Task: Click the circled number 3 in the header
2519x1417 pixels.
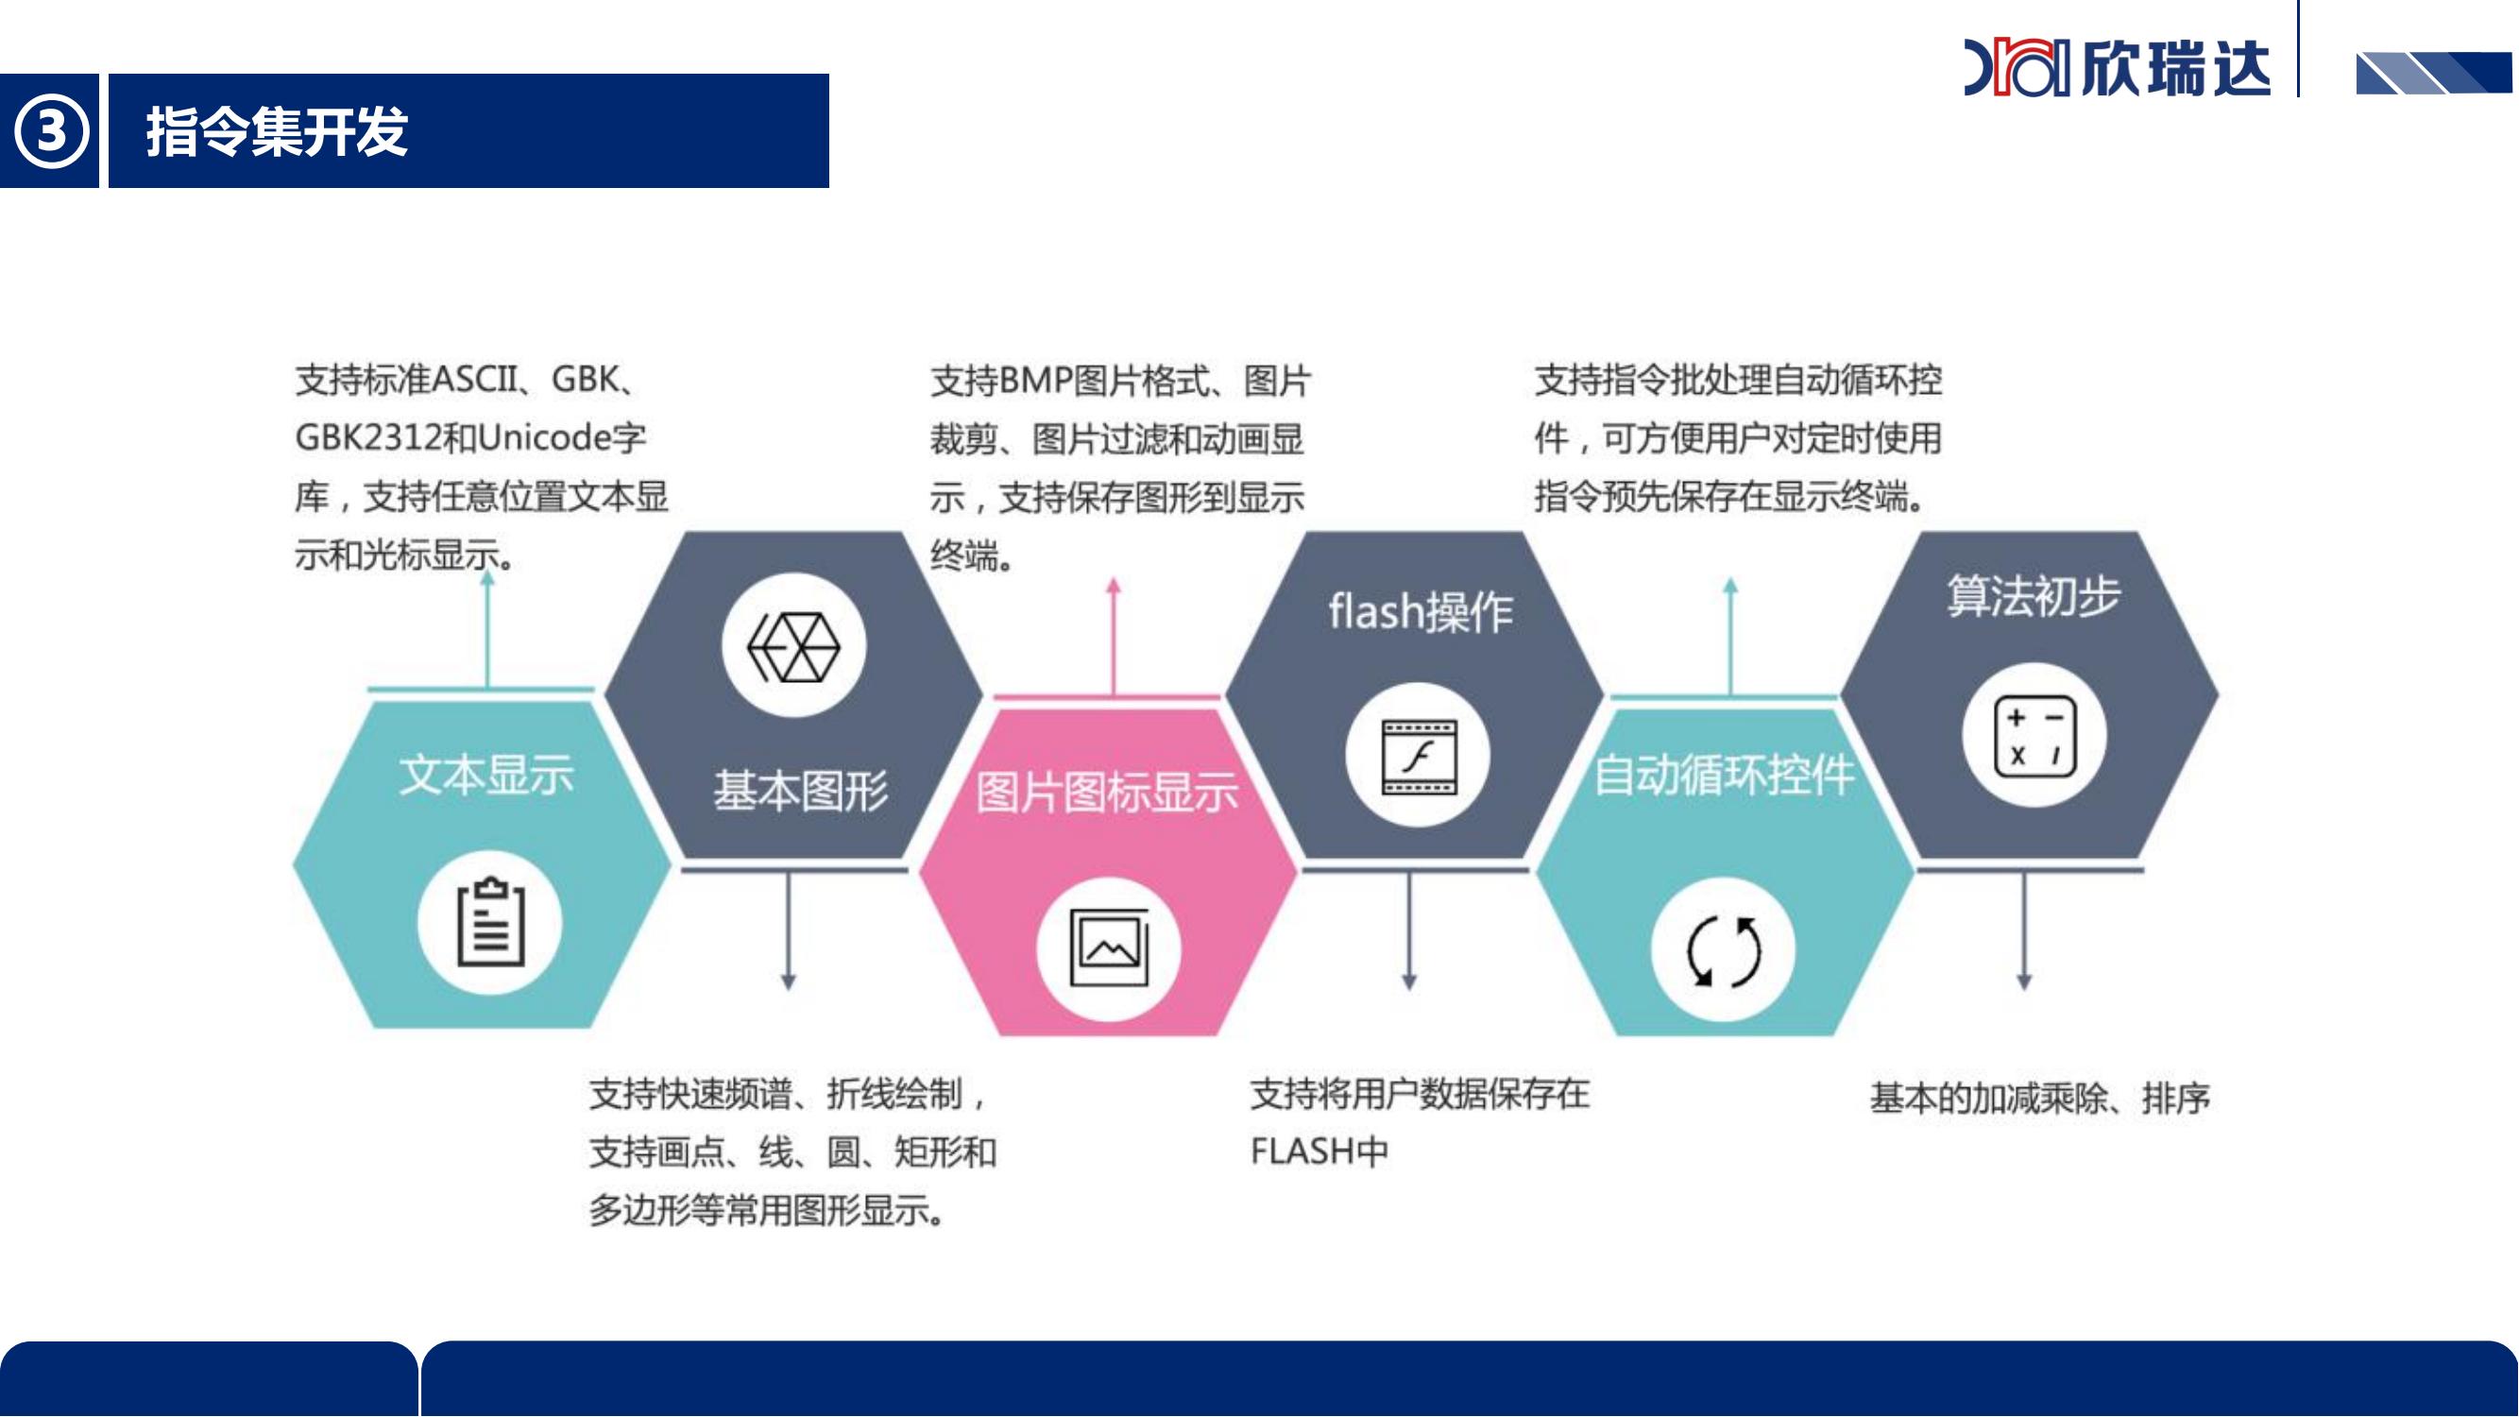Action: (50, 131)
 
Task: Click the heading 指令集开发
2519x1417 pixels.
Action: (277, 132)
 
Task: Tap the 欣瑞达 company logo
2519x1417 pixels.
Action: (2116, 67)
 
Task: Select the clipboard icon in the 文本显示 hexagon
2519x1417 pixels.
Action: (491, 921)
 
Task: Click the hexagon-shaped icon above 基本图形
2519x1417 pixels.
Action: (794, 646)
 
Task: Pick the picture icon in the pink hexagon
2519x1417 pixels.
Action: (1109, 948)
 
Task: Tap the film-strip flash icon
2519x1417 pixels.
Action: (1419, 757)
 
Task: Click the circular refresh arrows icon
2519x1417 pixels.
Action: (1724, 950)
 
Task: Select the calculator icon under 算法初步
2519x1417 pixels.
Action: (2034, 735)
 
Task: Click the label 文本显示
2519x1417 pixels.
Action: (487, 776)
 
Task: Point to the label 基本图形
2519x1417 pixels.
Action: (801, 791)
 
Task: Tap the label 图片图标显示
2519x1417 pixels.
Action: (1107, 793)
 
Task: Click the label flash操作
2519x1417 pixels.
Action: (1421, 612)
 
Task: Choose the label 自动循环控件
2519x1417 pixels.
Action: (1724, 776)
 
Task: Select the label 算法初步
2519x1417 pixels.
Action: (2034, 595)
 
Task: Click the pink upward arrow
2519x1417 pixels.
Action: (1113, 637)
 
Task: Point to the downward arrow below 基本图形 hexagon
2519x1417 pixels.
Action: (788, 930)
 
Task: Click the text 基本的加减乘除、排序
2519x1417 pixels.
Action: (2040, 1100)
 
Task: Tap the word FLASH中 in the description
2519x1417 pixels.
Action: (1319, 1152)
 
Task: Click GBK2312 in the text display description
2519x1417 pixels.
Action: (368, 437)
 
